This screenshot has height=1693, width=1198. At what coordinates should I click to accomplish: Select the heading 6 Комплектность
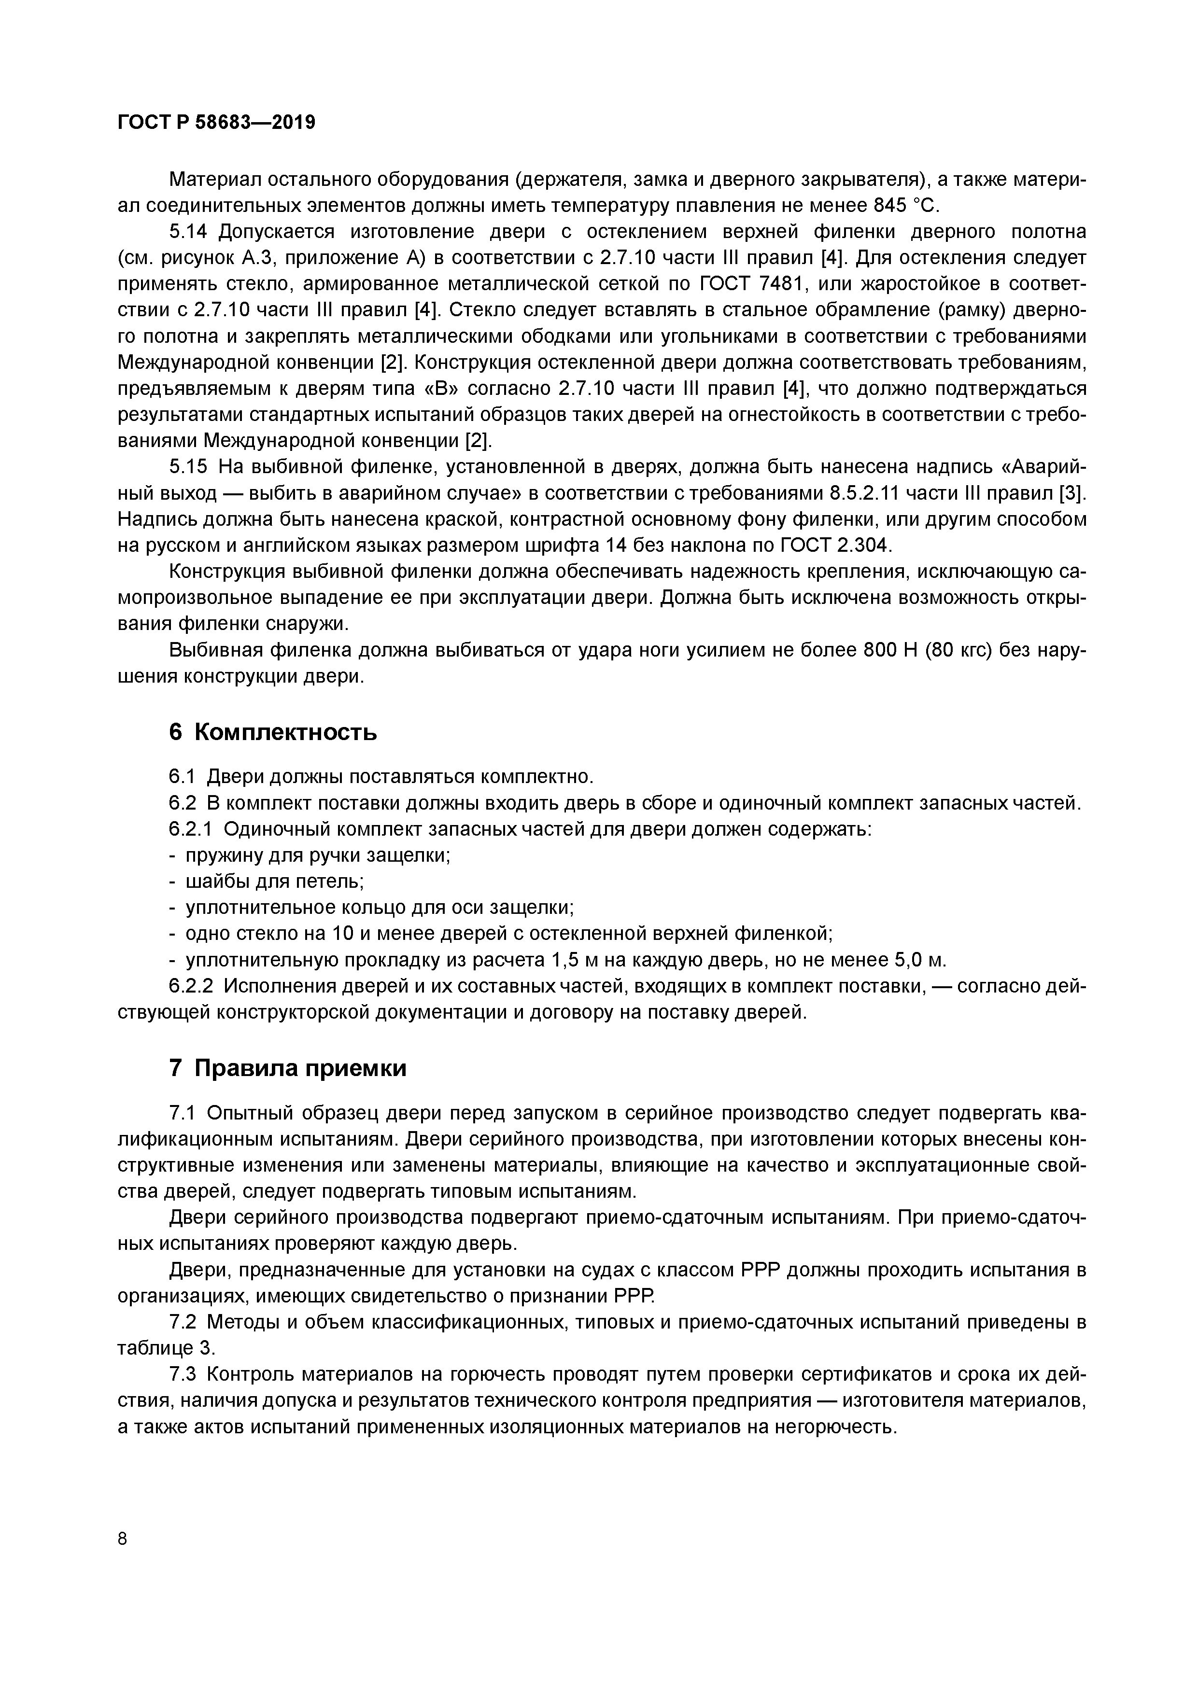pyautogui.click(x=273, y=732)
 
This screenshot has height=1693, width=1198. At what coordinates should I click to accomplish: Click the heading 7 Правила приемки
pyautogui.click(x=288, y=1068)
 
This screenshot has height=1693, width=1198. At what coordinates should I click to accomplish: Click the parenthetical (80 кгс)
pyautogui.click(x=955, y=650)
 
